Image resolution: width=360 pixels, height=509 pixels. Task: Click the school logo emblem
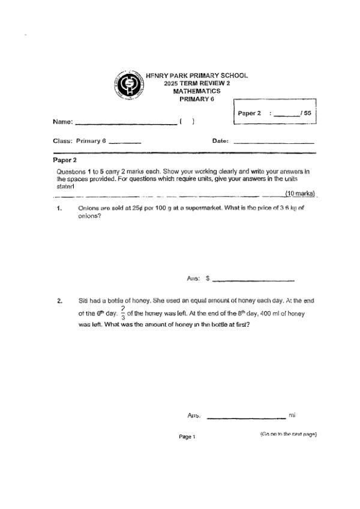point(128,87)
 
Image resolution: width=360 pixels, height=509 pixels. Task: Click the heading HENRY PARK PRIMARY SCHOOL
point(197,76)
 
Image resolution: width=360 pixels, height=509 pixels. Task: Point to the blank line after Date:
point(273,143)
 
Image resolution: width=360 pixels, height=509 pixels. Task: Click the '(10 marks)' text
point(301,193)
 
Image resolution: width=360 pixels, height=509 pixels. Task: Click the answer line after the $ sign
point(253,281)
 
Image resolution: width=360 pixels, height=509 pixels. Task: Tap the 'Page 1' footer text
point(187,437)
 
